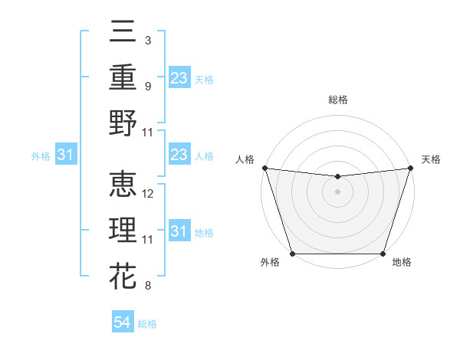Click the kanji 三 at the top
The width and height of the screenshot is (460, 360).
coord(123,32)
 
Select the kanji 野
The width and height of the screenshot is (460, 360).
coord(123,123)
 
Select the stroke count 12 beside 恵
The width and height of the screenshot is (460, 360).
coord(149,194)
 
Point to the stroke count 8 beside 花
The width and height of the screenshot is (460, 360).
coord(147,286)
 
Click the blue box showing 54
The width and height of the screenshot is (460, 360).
coord(123,322)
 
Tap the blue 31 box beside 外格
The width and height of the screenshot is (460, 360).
coord(66,155)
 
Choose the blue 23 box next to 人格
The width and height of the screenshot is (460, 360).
coord(179,155)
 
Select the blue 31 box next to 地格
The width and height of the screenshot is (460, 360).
coord(179,231)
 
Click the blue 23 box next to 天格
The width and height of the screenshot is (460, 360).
coord(179,78)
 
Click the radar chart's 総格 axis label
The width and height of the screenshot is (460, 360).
coord(337,100)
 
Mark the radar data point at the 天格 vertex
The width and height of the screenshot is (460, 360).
coord(411,168)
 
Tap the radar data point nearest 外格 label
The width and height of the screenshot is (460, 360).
coord(292,254)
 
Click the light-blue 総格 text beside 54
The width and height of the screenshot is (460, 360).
coord(147,324)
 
